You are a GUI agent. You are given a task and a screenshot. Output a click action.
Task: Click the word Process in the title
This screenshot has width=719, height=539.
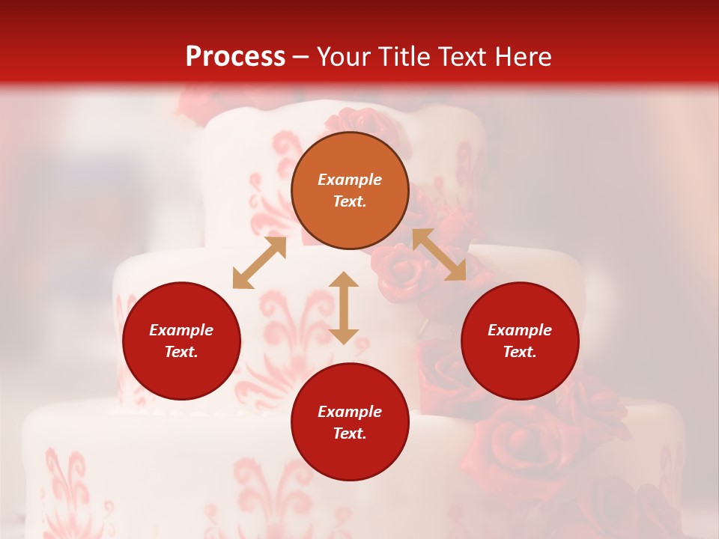coord(235,57)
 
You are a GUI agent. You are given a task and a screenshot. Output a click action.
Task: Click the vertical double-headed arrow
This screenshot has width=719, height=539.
coord(344,308)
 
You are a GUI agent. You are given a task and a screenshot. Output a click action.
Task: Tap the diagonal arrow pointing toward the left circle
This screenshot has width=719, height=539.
coord(259,263)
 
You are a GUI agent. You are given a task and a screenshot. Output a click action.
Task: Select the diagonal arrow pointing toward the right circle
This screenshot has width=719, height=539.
coord(439,255)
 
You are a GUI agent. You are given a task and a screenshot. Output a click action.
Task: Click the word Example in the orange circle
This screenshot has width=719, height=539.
coord(350,180)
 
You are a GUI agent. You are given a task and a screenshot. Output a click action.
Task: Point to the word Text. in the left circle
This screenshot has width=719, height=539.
coord(181,352)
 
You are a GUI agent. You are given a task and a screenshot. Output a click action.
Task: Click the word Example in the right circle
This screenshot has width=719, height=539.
coord(520,330)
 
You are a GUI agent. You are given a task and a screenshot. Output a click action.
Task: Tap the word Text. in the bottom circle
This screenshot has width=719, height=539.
coord(350,433)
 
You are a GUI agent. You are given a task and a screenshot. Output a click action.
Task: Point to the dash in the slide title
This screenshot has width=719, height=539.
coord(301,58)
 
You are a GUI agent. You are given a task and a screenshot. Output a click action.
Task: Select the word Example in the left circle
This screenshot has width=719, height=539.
coord(181,330)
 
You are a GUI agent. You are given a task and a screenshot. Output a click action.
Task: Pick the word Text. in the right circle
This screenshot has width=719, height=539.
coord(520,352)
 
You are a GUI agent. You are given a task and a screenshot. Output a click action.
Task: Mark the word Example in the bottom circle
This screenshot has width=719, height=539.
coord(350,412)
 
